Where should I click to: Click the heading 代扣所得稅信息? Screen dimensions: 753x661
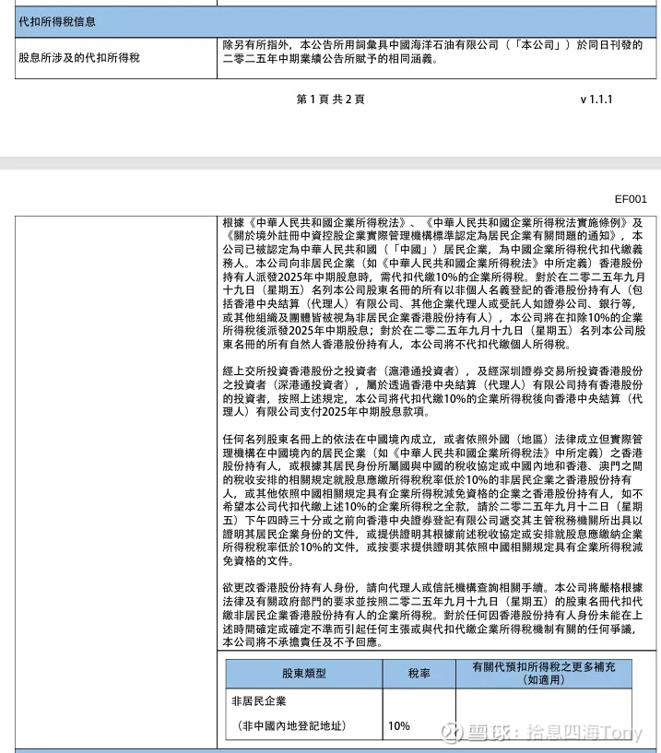[x=57, y=21]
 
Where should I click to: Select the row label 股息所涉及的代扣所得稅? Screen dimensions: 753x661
[x=79, y=57]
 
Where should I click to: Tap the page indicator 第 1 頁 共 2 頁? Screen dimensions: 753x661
[x=330, y=99]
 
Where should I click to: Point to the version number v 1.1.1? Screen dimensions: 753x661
[x=596, y=99]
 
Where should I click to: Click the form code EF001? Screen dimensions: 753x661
[x=631, y=197]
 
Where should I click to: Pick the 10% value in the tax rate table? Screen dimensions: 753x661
[x=399, y=725]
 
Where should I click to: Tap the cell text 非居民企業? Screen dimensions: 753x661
[x=259, y=702]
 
